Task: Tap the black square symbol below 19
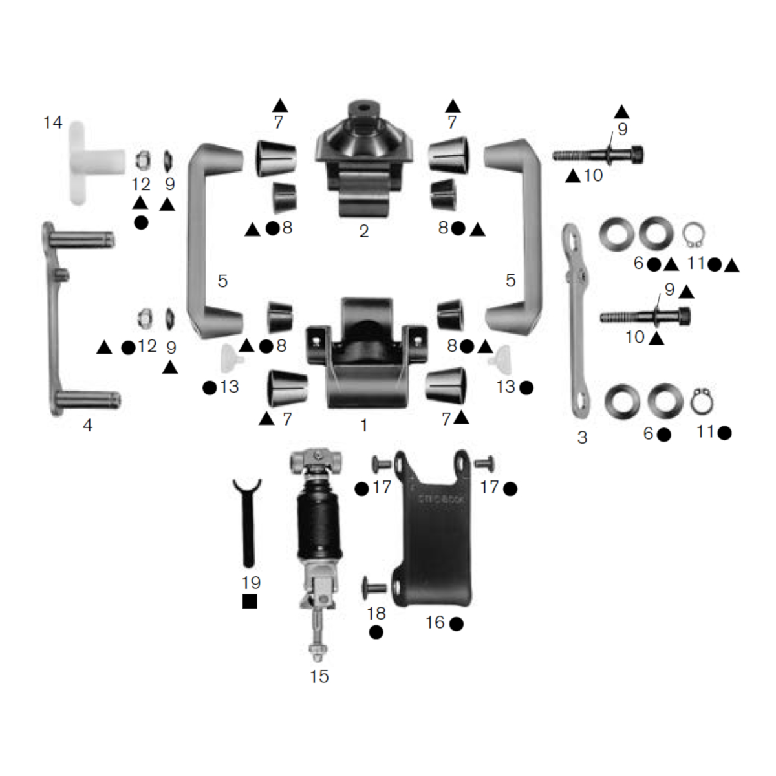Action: click(x=250, y=601)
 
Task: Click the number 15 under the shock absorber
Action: click(x=319, y=676)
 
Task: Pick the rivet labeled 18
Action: click(x=376, y=588)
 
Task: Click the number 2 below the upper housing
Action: click(x=364, y=231)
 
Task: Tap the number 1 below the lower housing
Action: click(x=364, y=425)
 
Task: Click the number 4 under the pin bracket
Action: click(x=87, y=425)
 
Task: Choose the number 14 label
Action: click(x=53, y=122)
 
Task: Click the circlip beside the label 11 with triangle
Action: click(x=694, y=235)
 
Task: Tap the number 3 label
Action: click(x=582, y=437)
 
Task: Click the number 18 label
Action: click(x=376, y=613)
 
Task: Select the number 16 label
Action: click(x=435, y=622)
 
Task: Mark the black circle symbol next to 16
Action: click(x=456, y=624)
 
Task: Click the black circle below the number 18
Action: click(x=376, y=632)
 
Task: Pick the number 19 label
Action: click(x=251, y=583)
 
